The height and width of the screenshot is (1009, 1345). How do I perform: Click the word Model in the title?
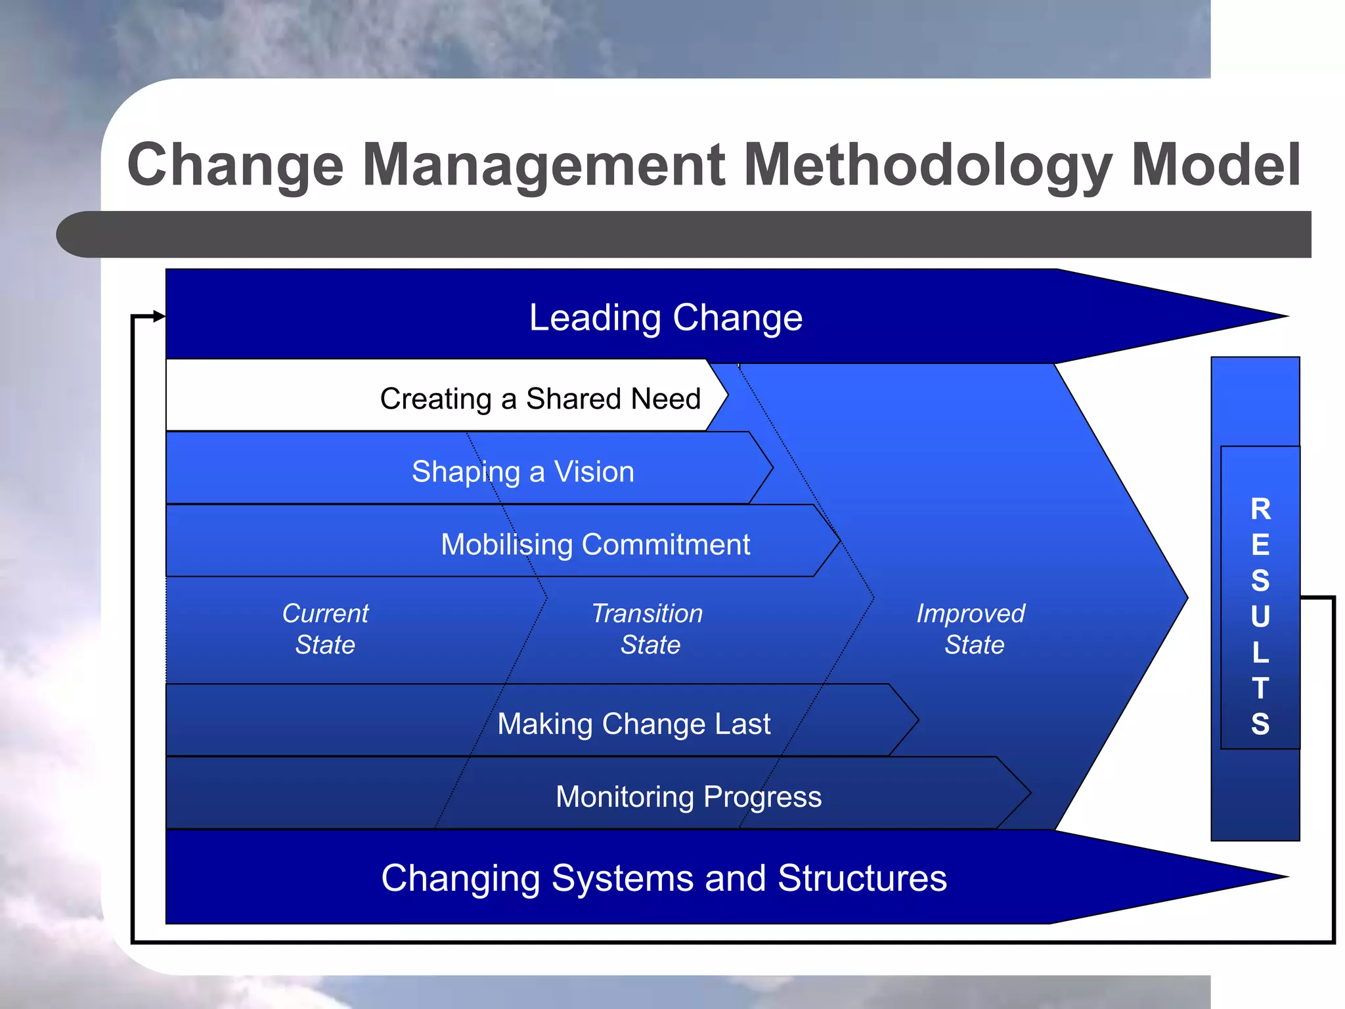coord(1215,166)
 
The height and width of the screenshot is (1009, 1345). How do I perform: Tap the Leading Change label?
coord(665,318)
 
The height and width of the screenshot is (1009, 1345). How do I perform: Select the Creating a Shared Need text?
coord(540,399)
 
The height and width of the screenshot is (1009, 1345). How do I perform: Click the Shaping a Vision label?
coord(523,472)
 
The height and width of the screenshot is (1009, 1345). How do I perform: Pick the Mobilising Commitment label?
coord(595,545)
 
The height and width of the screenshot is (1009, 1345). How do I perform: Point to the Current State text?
coord(325,629)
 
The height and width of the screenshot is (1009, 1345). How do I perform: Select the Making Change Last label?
coord(633,724)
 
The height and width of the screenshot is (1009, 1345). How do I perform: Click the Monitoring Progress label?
coord(688,797)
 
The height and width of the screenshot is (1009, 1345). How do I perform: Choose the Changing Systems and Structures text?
coord(663,878)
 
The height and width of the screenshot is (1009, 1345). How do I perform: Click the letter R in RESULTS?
coord(1260,509)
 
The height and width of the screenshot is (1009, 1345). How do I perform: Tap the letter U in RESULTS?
coord(1260,617)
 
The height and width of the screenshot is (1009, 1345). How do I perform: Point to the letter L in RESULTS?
coord(1260,652)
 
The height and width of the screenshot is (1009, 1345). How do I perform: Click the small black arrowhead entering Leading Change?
coord(159,317)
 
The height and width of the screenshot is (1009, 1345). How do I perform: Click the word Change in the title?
coord(235,166)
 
